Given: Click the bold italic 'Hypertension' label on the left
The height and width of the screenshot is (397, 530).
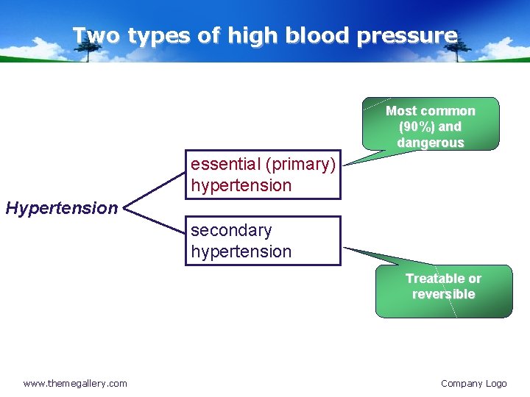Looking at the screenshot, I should (x=61, y=208).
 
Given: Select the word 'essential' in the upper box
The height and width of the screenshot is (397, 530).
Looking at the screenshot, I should (x=223, y=164).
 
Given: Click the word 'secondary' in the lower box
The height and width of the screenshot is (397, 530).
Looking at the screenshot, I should (x=231, y=230).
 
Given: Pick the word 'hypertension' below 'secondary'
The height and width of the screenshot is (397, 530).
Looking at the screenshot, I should (x=241, y=251).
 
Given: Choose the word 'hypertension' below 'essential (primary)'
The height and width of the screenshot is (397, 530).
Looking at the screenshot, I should (x=241, y=185).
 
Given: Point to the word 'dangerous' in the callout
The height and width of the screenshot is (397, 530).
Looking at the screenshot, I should (x=431, y=143).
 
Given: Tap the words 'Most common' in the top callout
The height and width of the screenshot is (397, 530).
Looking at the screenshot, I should (x=431, y=111).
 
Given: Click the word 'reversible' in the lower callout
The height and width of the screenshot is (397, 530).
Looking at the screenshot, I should (x=443, y=294).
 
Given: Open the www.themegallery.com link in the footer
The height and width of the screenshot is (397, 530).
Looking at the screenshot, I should (x=75, y=383).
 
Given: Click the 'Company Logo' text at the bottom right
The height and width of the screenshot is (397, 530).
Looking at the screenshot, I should (x=473, y=383).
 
